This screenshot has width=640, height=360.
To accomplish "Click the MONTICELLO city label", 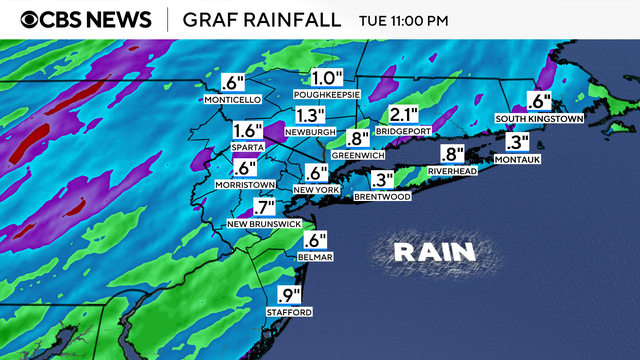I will pos(231,100).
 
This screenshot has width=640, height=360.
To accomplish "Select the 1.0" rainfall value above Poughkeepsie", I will pos(326,77).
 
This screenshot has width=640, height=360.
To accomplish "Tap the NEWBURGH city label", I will pos(311,132).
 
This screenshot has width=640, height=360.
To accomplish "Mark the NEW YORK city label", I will pos(317,189).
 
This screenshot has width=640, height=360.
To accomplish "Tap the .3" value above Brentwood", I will pos(382,180).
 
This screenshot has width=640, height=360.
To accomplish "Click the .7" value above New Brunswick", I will pos(263,208).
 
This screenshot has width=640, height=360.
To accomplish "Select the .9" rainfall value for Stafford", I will pos(289,295).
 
